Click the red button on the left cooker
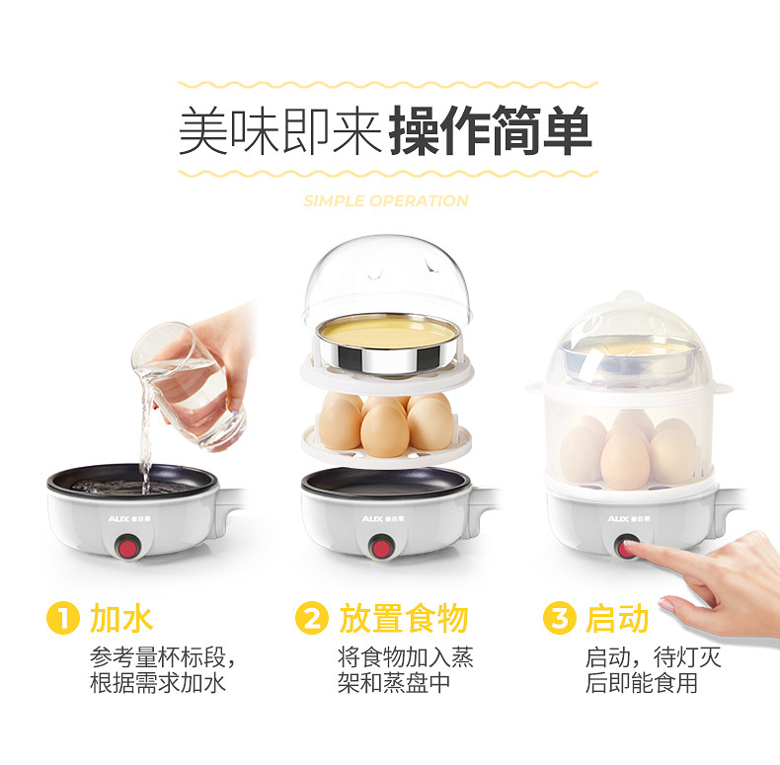(128, 548)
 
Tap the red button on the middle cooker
(381, 548)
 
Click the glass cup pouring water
(188, 386)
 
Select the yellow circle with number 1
(62, 618)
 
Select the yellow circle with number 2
(311, 618)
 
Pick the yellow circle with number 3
(560, 618)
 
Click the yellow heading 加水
(120, 619)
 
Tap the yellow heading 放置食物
(403, 619)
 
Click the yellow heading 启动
(617, 619)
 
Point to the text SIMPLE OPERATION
(386, 201)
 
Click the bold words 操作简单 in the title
(491, 130)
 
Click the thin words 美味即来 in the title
(280, 131)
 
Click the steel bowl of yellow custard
(388, 344)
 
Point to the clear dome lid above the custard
(387, 278)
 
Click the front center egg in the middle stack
(385, 430)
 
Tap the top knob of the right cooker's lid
(629, 297)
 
